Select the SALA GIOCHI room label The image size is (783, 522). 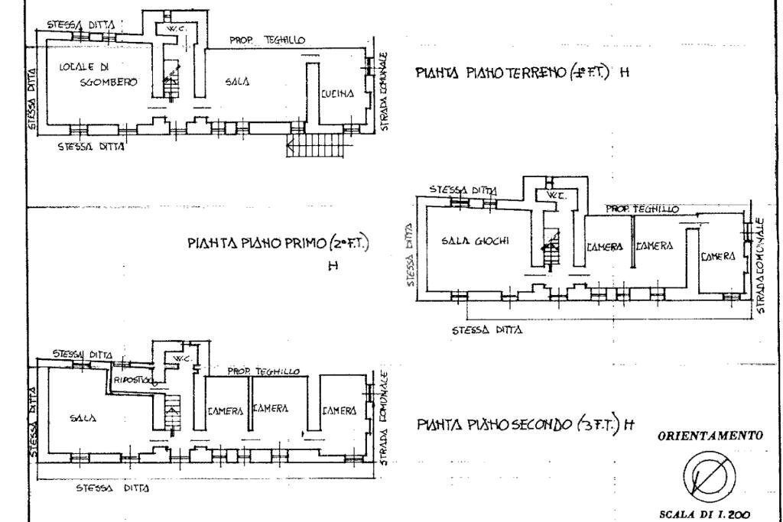[476, 241]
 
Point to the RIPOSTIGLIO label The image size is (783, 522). [135, 380]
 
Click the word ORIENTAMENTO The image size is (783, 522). [710, 436]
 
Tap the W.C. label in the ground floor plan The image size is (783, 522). [167, 28]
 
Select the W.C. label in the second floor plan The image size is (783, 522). [180, 358]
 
